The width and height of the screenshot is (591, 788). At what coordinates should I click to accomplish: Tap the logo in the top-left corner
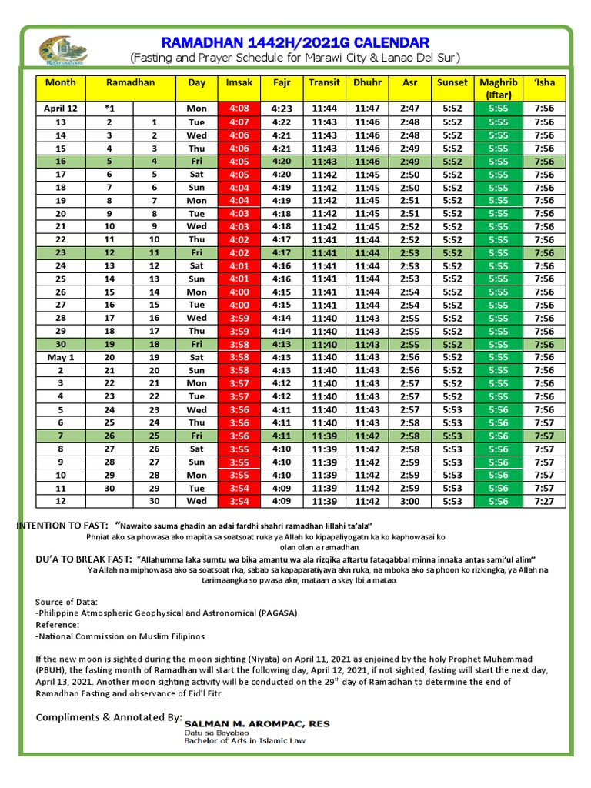64,51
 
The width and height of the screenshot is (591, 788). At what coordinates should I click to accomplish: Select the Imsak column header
238,82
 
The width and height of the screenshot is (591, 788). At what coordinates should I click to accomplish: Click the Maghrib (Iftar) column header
498,88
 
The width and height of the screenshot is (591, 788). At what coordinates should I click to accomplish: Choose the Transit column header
325,82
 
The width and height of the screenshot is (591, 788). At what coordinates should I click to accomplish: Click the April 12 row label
60,109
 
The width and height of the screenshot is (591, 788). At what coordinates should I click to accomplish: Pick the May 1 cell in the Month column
60,357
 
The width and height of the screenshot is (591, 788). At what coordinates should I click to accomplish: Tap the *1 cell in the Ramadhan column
109,109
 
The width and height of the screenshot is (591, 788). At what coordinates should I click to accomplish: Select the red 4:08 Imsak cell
238,109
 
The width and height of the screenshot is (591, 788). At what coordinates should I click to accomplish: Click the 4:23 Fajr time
282,109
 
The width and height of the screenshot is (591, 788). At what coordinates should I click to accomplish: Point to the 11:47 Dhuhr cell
368,109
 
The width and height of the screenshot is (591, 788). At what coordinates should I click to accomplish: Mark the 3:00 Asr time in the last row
409,501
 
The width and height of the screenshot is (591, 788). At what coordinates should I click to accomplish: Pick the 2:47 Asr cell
409,109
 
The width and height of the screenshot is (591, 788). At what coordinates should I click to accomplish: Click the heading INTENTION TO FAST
65,525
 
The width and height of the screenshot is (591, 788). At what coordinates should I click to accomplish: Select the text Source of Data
66,601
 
